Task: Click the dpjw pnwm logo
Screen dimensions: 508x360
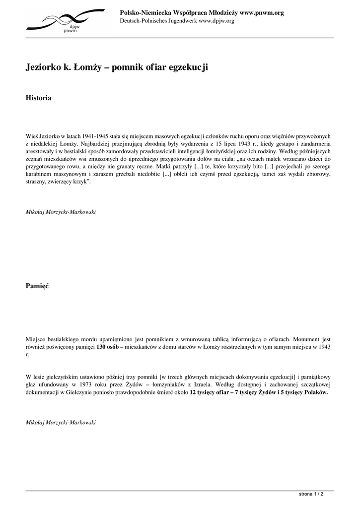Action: [x=65, y=20]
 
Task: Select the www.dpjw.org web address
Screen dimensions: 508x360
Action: [x=216, y=21]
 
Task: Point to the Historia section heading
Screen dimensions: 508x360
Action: [x=38, y=98]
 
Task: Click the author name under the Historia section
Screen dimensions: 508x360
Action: [x=61, y=212]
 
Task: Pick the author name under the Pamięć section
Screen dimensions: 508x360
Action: [x=61, y=422]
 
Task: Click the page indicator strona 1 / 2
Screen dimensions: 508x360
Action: [x=311, y=495]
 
